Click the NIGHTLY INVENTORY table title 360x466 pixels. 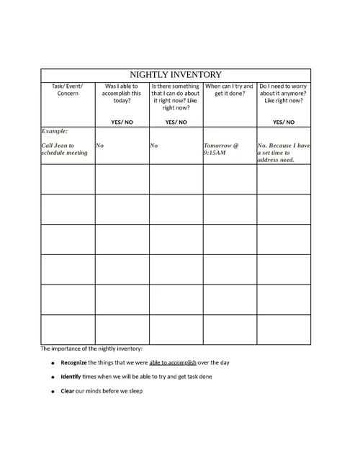pos(176,75)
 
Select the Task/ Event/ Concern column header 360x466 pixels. pos(67,90)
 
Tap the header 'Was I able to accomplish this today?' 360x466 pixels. pos(122,94)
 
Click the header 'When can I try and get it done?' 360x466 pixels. pos(230,90)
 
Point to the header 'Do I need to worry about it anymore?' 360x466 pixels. pos(284,94)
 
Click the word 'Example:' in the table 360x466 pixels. pos(55,132)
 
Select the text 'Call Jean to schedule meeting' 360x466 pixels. pos(64,149)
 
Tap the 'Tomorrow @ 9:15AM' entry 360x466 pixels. pos(221,149)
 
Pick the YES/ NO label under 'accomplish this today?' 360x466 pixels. pos(122,122)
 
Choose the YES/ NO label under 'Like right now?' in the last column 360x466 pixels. pos(284,122)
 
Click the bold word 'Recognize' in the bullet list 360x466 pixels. pos(73,362)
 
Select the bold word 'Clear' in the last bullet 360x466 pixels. pos(68,391)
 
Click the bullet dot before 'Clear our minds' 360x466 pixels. pos(53,392)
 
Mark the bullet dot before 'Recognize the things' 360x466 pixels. pos(53,363)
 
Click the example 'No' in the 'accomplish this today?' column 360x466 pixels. pos(100,145)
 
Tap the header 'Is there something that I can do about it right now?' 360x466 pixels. pos(176,97)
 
